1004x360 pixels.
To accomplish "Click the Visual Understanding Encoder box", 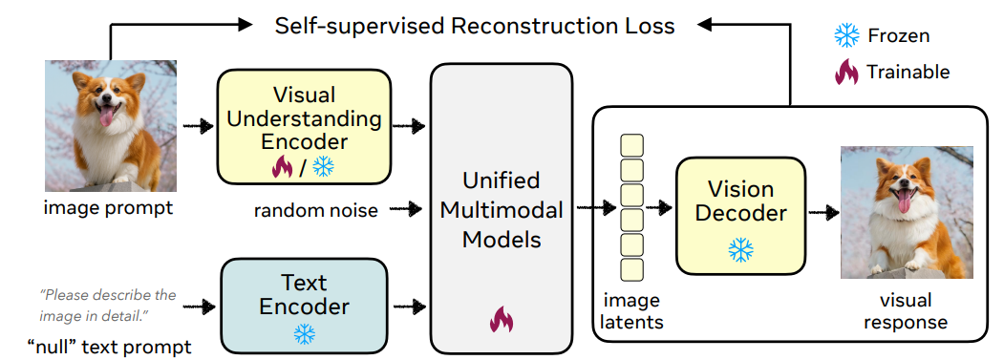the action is point(304,126).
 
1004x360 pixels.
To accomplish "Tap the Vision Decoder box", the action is point(741,216).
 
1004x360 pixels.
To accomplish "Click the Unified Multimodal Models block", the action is point(502,208).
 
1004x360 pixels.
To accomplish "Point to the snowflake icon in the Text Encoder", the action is point(304,333).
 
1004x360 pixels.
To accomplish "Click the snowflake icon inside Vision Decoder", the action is point(741,250).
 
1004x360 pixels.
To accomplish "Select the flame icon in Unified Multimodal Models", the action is point(502,319).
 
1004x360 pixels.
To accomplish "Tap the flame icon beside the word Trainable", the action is point(846,72).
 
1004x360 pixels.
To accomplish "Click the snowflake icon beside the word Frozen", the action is point(846,35).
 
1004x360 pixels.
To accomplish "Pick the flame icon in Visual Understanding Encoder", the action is point(283,167).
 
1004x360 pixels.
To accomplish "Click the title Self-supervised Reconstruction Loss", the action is point(475,26).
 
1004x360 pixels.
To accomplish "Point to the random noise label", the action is point(315,210).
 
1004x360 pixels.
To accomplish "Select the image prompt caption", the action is point(108,208).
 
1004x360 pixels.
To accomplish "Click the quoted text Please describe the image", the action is point(108,306).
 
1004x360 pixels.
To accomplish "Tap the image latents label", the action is point(631,310).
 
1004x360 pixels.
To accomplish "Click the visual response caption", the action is point(906,310).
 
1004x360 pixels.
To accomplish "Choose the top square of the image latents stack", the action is point(632,145).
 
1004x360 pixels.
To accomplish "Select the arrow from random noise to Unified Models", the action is point(405,208).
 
